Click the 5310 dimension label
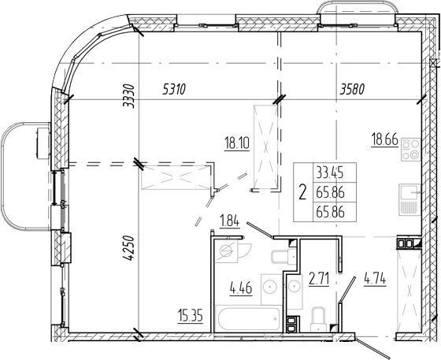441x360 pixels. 174,90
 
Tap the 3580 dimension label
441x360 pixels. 352,90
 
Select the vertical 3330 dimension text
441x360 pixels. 129,96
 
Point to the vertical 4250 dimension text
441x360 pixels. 129,248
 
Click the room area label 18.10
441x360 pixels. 237,143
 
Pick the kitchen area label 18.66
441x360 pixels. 385,139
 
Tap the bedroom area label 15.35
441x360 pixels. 190,316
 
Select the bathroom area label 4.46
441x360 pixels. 241,288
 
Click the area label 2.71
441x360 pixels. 319,279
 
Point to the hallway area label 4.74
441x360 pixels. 375,280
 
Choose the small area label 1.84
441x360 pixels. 229,221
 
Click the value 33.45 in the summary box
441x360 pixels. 330,173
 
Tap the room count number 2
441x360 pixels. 302,192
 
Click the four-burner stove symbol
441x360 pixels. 411,150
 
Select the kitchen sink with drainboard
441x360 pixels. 410,199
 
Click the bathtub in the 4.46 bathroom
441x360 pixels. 248,319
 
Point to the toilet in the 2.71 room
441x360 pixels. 320,320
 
